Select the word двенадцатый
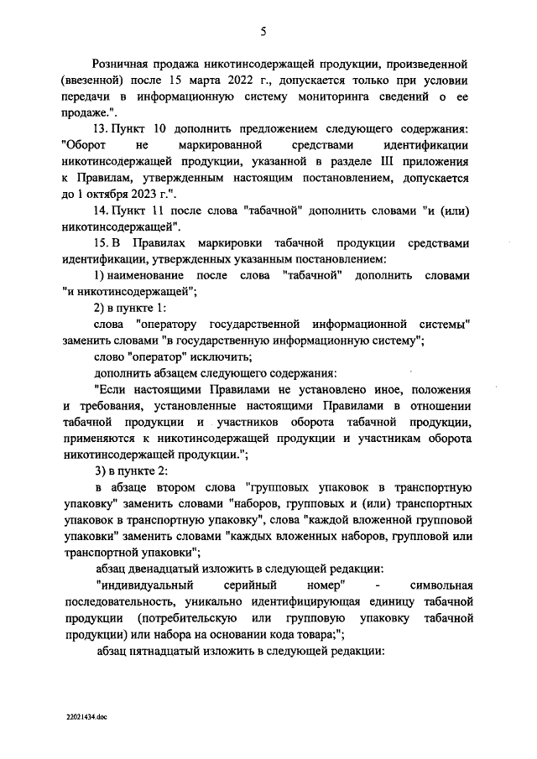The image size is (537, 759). pyautogui.click(x=170, y=568)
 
